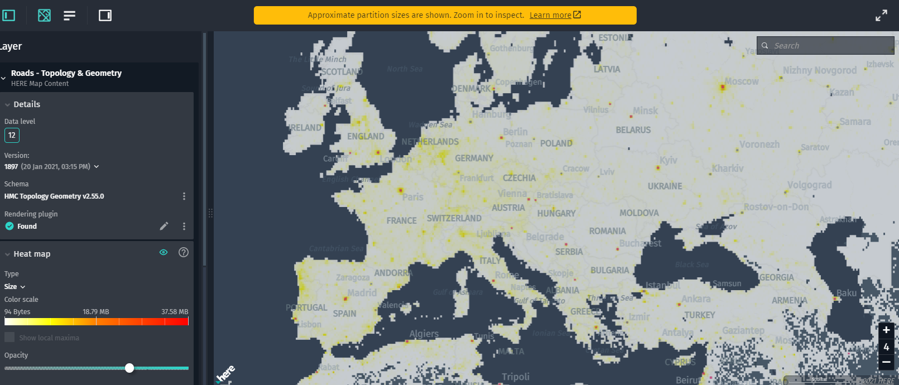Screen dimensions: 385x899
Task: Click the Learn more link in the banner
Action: [x=555, y=15]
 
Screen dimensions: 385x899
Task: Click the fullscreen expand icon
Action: [x=881, y=16]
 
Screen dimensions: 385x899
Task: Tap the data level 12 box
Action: [x=12, y=135]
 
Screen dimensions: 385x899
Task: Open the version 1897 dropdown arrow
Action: [x=97, y=167]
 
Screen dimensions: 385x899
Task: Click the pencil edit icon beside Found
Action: [x=164, y=226]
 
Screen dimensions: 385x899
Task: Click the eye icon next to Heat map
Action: [x=164, y=253]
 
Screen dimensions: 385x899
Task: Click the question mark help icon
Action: [x=183, y=253]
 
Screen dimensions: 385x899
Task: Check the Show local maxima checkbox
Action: [x=9, y=338]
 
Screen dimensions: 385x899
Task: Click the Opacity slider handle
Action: [x=129, y=368]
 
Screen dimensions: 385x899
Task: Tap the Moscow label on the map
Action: [x=741, y=81]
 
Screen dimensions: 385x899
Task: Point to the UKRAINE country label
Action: [x=665, y=186]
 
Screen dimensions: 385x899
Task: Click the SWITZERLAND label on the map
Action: [x=454, y=218]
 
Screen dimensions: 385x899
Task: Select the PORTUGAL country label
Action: [x=306, y=307]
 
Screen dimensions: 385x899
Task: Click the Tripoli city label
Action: [x=515, y=377]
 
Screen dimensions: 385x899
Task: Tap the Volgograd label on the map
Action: [x=809, y=185]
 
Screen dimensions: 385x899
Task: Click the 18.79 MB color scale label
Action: [x=95, y=312]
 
